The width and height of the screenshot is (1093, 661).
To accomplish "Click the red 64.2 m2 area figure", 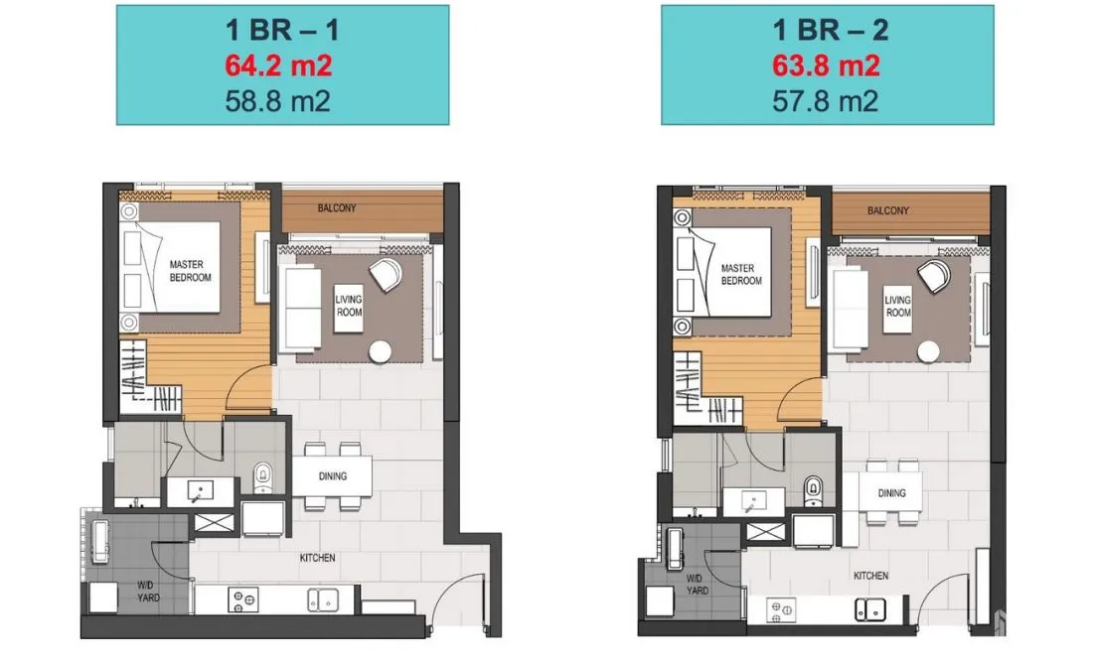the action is (x=277, y=66).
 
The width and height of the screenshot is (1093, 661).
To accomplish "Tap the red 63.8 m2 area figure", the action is (x=826, y=66).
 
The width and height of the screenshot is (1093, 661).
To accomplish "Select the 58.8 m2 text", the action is (x=277, y=101).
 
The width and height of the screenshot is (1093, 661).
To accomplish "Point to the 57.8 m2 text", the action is (x=826, y=101).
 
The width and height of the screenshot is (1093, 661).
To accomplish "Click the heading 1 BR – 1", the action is (x=281, y=30).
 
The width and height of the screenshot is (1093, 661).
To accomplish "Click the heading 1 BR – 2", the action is (x=831, y=30).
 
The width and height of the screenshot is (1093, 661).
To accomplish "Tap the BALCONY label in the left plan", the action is (x=337, y=208).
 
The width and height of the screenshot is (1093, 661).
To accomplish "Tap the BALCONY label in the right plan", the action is (x=888, y=210).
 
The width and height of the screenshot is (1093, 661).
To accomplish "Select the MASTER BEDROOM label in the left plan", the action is (x=190, y=271).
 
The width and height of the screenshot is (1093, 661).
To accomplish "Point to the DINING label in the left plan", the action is (x=333, y=476).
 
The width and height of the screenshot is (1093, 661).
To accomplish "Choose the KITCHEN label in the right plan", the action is (x=870, y=576).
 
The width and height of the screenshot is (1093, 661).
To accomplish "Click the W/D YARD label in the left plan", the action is (x=147, y=592).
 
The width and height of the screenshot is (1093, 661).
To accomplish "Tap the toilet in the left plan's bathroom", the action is (x=262, y=476).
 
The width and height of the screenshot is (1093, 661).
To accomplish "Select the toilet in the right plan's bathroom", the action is (x=813, y=490).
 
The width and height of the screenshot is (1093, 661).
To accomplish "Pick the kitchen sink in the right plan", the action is (x=870, y=610).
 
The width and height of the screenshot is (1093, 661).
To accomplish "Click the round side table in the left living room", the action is (x=380, y=352).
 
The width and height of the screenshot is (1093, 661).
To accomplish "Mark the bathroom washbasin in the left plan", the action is (x=199, y=491).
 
